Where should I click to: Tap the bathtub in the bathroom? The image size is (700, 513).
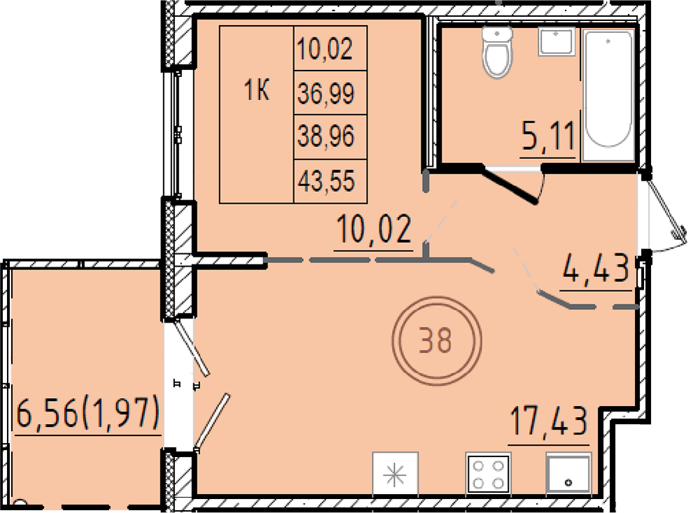(x=608, y=94)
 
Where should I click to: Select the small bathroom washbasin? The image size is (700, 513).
(x=556, y=42)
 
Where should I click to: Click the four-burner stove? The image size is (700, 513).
(x=488, y=473)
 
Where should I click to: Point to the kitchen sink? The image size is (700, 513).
(x=568, y=473)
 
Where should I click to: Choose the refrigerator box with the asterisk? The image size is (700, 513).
(x=395, y=473)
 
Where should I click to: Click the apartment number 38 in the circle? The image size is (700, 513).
(x=436, y=340)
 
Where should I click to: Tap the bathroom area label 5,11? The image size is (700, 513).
(x=548, y=136)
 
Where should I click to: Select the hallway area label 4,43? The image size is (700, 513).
(x=596, y=268)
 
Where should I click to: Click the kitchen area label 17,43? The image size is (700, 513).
(x=549, y=421)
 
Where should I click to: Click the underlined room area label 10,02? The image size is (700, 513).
(x=374, y=229)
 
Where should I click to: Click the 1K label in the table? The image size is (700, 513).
(x=257, y=91)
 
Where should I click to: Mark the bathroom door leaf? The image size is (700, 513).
(x=510, y=185)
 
